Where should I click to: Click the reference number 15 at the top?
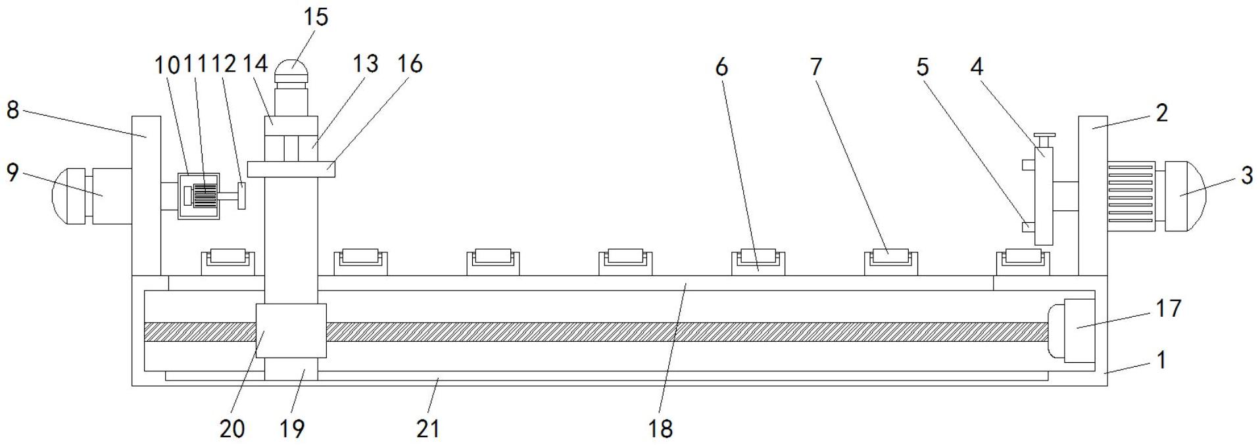coord(315,16)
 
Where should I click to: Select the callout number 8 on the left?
coord(12,110)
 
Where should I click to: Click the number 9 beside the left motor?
coord(12,173)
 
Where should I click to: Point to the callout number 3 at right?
coord(1246,176)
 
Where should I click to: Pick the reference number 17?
coord(1168,308)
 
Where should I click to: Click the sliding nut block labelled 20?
coord(291,330)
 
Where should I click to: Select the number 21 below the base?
coord(427,429)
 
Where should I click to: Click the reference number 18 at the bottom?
coord(660,429)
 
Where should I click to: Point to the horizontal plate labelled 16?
coord(291,169)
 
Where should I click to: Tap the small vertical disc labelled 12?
coord(242,196)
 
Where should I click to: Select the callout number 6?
coord(721,66)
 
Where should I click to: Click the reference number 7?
coord(816,66)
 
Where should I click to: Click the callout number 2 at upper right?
coord(1161,113)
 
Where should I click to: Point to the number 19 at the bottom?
coord(292,429)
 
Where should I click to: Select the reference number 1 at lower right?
coord(1161,360)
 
